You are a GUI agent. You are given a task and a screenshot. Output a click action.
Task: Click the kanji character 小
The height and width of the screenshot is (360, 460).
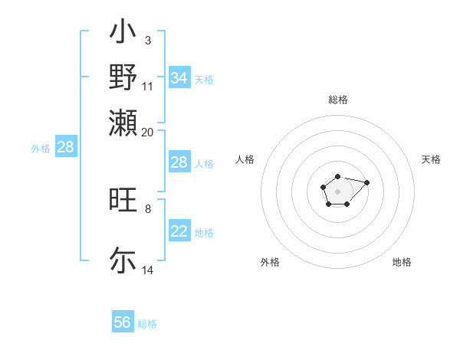point(123,33)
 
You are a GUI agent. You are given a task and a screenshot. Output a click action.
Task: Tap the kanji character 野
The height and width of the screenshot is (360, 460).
point(123,77)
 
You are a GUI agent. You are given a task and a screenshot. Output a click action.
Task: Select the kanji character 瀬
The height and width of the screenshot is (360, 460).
point(123,123)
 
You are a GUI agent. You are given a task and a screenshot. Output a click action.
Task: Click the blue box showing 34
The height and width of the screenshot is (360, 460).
point(179,78)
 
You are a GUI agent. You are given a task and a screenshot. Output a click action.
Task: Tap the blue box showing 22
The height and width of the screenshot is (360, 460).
point(179,231)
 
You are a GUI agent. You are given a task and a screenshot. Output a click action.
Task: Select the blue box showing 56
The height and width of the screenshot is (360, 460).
point(123,322)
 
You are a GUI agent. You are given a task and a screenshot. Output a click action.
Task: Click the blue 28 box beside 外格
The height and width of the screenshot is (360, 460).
point(66,148)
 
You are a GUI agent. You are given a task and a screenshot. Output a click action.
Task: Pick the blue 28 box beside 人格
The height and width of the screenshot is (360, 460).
point(179,162)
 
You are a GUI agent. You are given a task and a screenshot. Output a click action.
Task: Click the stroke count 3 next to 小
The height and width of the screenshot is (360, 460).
point(147,40)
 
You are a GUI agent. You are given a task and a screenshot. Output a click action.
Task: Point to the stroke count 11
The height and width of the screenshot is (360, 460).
point(148,86)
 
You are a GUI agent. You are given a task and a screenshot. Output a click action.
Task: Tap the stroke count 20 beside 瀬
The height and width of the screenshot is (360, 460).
point(148,132)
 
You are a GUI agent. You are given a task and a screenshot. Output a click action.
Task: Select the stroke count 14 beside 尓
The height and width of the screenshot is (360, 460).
point(148,270)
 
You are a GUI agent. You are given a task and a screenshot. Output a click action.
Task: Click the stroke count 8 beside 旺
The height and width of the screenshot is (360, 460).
point(147,208)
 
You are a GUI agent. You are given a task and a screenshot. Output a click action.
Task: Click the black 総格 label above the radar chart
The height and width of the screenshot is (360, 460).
point(337,100)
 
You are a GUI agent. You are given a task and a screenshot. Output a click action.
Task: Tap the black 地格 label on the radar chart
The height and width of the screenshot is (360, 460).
point(402,262)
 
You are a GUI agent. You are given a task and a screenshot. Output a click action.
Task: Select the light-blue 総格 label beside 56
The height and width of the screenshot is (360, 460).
point(147,324)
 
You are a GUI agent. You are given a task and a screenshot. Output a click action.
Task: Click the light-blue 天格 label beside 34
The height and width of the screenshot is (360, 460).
point(204,80)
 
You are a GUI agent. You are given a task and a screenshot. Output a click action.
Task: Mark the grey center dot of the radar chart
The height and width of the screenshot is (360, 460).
point(337,191)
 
